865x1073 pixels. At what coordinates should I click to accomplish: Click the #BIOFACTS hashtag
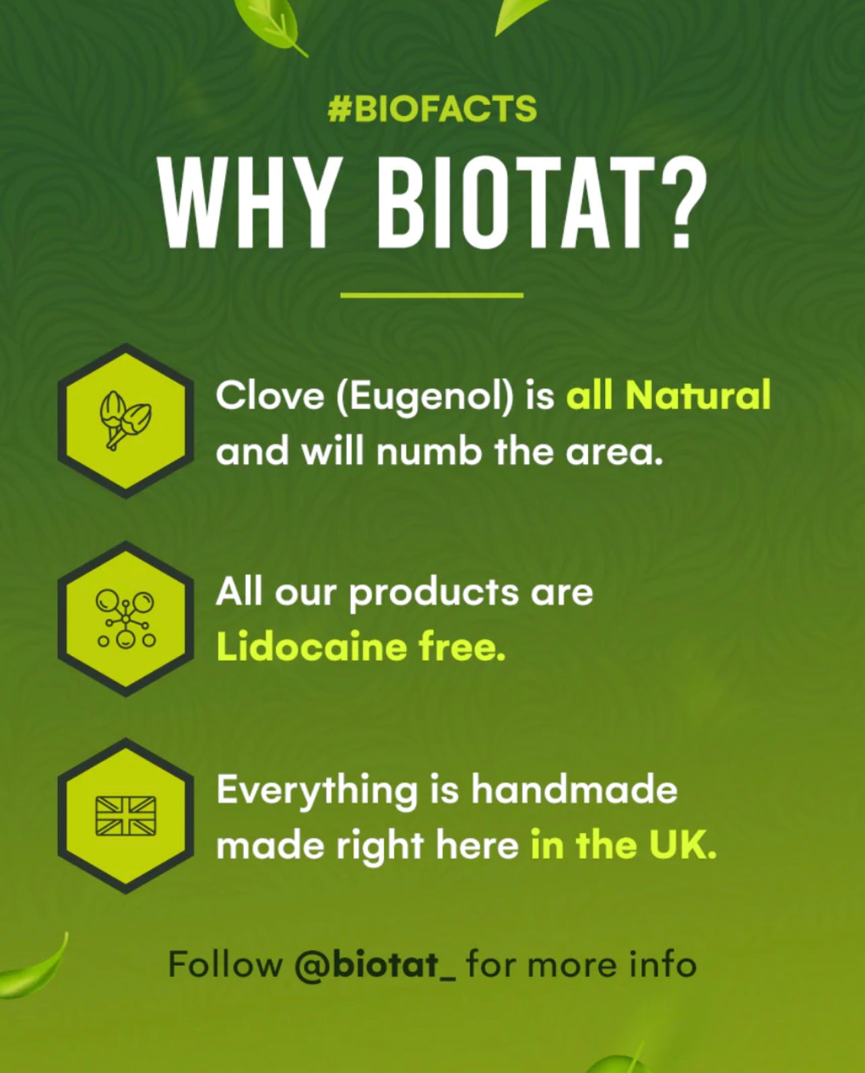point(432,108)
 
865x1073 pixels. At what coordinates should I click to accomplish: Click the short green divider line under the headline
point(432,296)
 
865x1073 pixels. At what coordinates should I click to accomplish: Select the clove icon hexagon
point(126,421)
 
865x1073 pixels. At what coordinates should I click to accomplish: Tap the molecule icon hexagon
point(126,618)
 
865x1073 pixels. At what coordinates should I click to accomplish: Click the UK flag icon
point(126,816)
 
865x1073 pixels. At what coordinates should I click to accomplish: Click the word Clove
point(270,395)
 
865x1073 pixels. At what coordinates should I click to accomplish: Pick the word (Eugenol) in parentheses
point(425,398)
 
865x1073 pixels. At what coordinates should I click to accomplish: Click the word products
point(434,594)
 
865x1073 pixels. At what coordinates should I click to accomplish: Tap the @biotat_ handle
point(375,965)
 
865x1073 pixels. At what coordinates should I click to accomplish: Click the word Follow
point(226,964)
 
